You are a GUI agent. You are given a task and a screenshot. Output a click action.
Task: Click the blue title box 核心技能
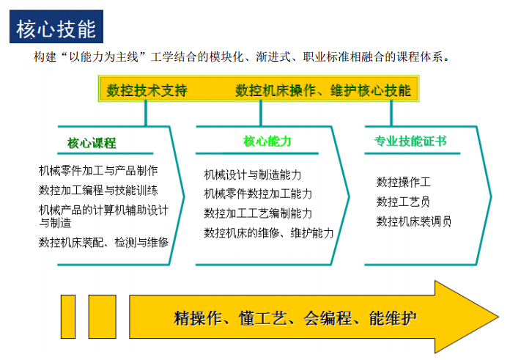(56, 26)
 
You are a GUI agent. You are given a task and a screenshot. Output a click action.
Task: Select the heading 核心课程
(92, 143)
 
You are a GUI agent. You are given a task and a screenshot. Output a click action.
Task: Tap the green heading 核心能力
(267, 142)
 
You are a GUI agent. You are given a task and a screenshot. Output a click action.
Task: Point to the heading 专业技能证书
(410, 141)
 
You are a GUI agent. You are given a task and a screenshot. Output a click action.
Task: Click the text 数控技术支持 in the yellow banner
(147, 90)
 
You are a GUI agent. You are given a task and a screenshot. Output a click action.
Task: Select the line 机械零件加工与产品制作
(98, 170)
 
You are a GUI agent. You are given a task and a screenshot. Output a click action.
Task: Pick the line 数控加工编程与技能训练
(98, 190)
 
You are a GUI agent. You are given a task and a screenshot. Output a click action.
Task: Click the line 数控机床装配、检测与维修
(104, 242)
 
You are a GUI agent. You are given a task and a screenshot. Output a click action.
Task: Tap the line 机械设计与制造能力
(252, 175)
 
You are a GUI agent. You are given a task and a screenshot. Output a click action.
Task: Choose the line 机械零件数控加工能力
(258, 194)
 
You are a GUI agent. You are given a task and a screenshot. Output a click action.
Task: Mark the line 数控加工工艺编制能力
(258, 213)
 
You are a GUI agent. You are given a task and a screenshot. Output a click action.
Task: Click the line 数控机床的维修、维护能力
(269, 232)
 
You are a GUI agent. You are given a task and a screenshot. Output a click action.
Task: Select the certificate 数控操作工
(403, 182)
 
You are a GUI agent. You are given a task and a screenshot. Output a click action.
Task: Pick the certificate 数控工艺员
(403, 202)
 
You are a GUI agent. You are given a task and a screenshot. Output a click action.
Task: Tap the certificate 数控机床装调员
(414, 221)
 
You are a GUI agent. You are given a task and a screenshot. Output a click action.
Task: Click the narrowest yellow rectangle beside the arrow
(68, 317)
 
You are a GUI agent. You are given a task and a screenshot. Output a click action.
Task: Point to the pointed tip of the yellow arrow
(498, 317)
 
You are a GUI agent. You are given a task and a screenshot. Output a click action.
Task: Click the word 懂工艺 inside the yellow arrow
(263, 318)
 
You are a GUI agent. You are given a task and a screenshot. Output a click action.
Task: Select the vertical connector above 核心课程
(146, 113)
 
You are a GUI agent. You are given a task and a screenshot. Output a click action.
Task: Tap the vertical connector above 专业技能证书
(391, 113)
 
